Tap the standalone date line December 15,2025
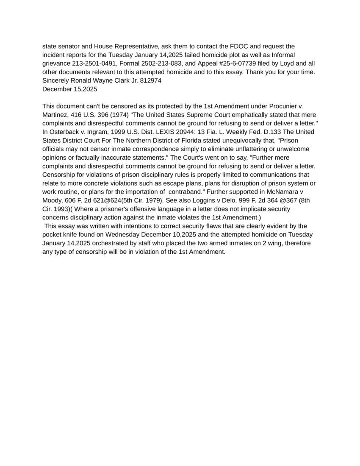[x=69, y=89]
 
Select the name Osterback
[x=63, y=132]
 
